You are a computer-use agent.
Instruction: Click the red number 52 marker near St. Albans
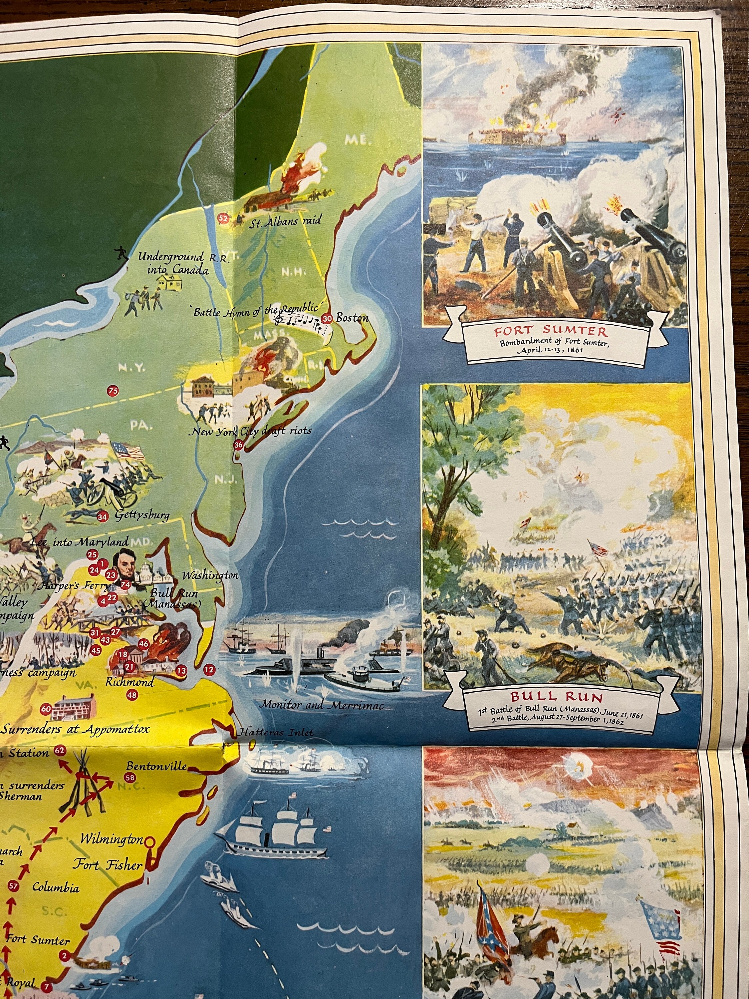[x=223, y=218]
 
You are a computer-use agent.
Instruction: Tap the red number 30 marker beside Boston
[x=327, y=318]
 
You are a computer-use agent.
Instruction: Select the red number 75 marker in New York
[x=113, y=391]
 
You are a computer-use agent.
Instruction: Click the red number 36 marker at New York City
[x=238, y=445]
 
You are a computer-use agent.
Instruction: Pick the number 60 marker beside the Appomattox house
[x=46, y=709]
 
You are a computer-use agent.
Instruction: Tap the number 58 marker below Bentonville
[x=130, y=777]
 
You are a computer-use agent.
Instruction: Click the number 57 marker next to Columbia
[x=14, y=886]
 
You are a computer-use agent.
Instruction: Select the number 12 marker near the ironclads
[x=209, y=669]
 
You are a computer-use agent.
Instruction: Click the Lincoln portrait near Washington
[x=125, y=566]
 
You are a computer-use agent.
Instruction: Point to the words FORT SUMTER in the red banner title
[x=551, y=331]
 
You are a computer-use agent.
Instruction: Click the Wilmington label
[x=112, y=839]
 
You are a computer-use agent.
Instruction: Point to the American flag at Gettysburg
[x=129, y=450]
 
